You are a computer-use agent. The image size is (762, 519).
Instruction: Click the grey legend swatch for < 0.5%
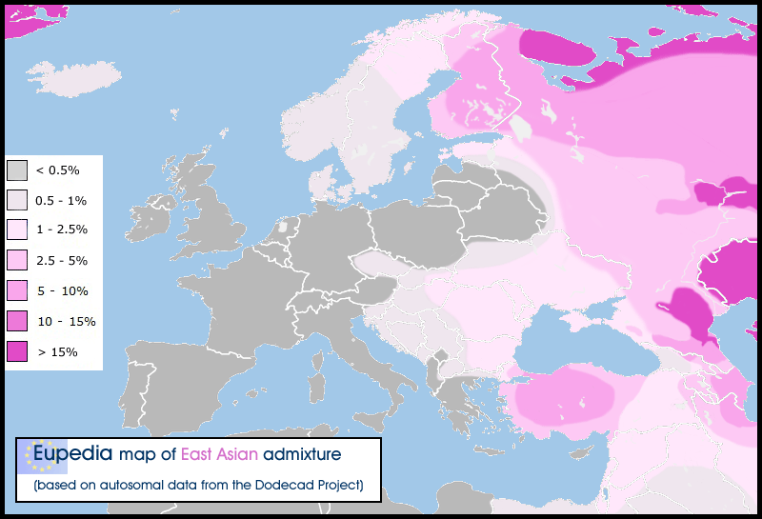point(17,170)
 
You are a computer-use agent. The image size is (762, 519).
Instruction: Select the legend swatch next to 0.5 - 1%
point(17,200)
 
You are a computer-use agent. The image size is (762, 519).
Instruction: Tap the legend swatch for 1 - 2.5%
point(17,230)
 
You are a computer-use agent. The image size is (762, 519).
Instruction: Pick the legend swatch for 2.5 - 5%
point(17,260)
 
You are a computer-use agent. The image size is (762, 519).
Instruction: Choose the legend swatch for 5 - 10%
point(17,290)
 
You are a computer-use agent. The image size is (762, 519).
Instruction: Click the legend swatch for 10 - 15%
point(17,321)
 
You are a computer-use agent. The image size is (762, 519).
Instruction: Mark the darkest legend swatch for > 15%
point(17,351)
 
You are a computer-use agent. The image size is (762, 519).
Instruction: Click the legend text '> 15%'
point(56,351)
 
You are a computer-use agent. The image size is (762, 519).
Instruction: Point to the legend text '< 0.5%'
point(57,170)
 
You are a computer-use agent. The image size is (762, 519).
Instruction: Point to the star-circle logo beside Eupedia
point(41,455)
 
